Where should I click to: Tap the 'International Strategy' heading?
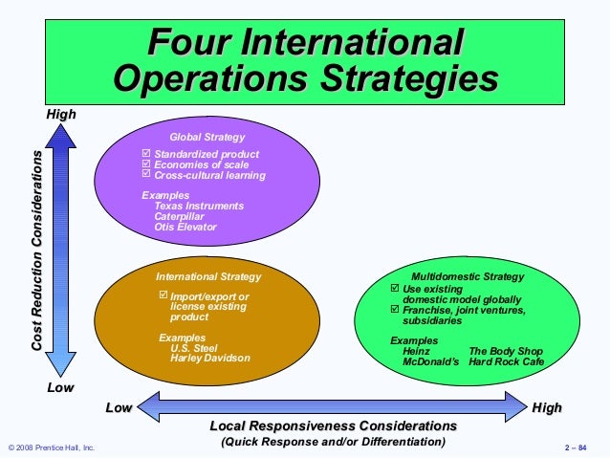coord(208,276)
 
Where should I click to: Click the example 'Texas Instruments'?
coord(199,206)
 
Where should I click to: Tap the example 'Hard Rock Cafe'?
coord(507,362)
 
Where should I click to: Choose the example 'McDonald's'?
coord(431,362)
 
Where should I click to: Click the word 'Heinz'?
coord(417,352)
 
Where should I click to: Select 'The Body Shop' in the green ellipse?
coord(503,352)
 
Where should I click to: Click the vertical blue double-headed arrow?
coord(61,252)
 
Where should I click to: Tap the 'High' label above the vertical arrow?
coord(60,115)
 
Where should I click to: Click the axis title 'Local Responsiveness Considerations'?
coord(333,425)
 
